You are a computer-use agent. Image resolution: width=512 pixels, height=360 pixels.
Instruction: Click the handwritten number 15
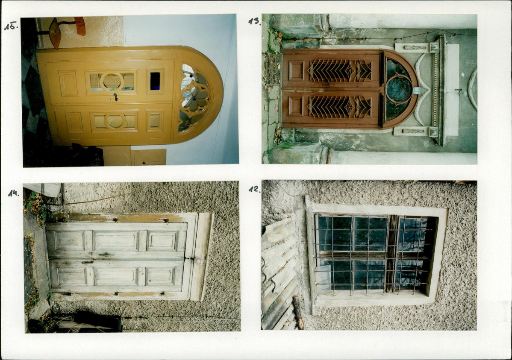click(x=11, y=26)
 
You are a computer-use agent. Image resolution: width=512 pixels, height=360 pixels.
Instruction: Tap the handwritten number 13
click(x=254, y=21)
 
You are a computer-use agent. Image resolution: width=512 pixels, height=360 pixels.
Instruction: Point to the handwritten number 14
click(x=14, y=193)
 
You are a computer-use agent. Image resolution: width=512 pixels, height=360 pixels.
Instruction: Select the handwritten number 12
click(x=254, y=189)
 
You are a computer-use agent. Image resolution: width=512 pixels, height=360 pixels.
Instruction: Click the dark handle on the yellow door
click(x=115, y=97)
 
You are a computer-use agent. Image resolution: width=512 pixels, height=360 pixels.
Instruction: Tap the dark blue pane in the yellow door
click(x=155, y=81)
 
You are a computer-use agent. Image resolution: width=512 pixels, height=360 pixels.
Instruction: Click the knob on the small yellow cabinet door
click(x=143, y=162)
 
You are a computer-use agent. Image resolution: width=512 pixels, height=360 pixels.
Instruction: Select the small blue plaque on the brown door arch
click(x=416, y=91)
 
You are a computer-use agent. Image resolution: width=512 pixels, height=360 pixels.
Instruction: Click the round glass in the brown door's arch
click(x=399, y=89)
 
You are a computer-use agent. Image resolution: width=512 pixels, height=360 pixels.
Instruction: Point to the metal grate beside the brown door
click(x=273, y=68)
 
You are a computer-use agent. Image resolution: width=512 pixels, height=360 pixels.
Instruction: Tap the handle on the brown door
click(x=328, y=83)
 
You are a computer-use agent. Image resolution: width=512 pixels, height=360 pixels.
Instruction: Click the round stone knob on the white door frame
click(x=199, y=261)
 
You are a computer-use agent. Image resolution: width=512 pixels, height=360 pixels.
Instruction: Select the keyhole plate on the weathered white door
click(x=87, y=262)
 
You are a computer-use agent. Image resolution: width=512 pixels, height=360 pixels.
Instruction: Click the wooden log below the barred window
click(x=298, y=312)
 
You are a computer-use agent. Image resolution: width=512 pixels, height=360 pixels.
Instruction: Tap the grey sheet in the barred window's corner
click(x=324, y=278)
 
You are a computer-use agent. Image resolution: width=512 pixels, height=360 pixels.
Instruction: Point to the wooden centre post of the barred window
click(x=391, y=254)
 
